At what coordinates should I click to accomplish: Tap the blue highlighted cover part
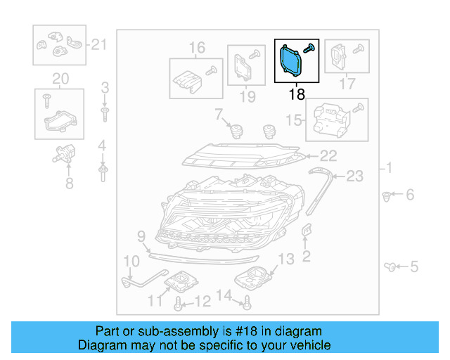289,60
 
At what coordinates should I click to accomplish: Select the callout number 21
99,46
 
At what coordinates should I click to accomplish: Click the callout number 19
247,96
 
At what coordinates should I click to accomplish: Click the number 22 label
329,155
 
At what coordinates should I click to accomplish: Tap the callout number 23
355,176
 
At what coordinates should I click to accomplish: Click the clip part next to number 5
390,266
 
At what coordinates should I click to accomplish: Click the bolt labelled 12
179,303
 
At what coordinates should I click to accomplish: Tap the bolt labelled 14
247,304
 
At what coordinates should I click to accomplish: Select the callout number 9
141,236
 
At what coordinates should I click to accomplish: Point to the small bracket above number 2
307,232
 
